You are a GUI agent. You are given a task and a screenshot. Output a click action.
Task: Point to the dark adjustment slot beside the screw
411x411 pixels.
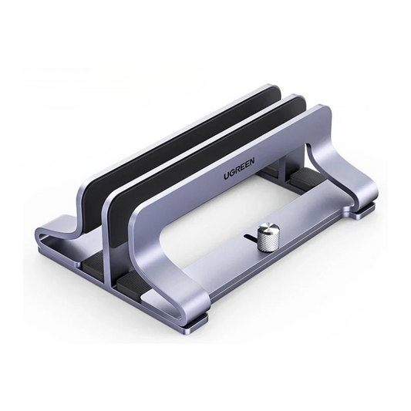[x=248, y=238]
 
